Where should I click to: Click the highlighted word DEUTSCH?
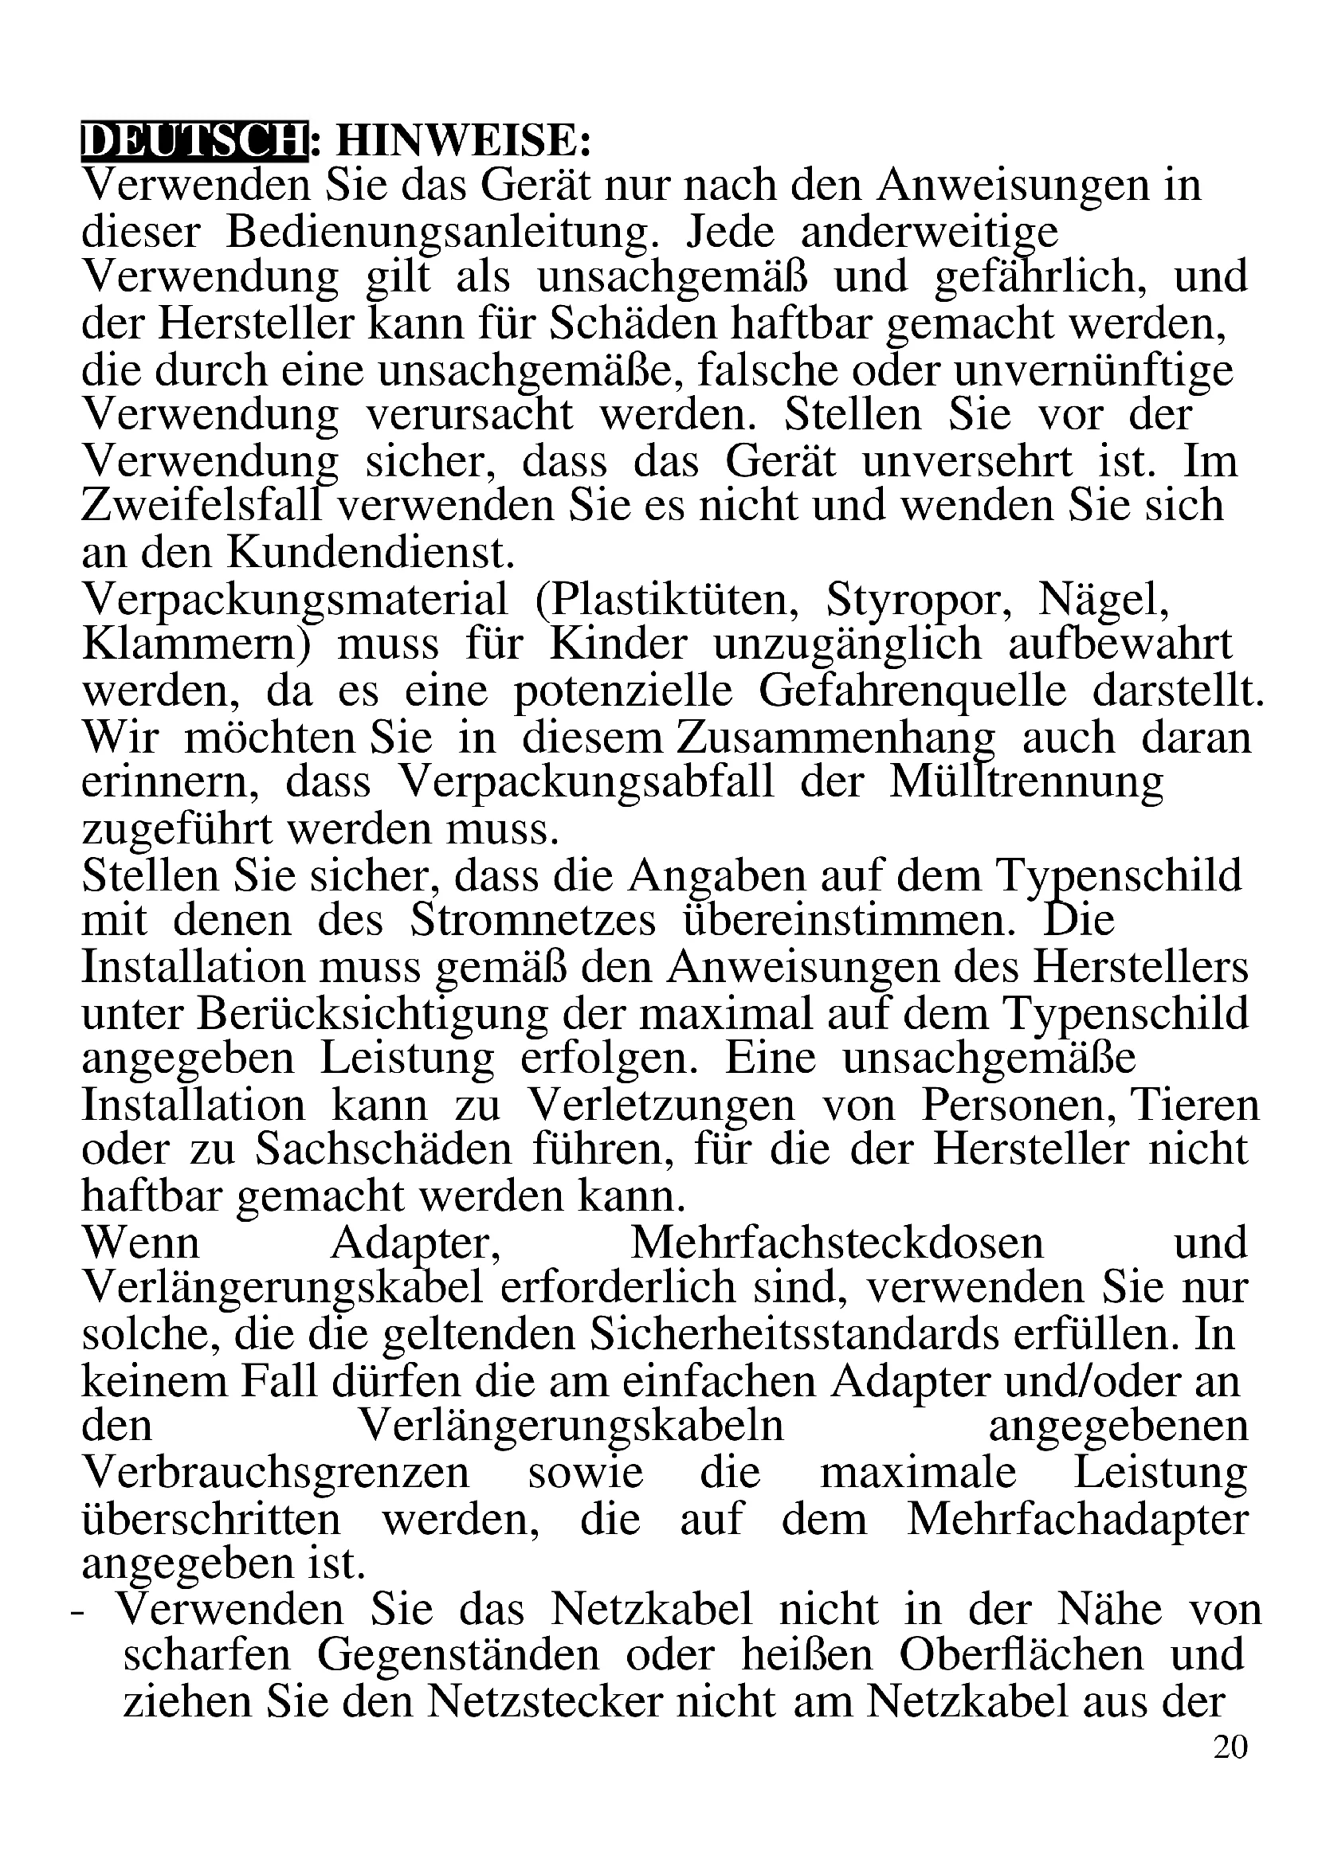[x=194, y=141]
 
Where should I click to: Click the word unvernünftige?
[x=1093, y=371]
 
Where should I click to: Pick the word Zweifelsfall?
[x=208, y=506]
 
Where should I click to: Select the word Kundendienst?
[x=371, y=553]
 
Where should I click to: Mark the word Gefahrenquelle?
[x=912, y=692]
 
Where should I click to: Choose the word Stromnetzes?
[x=532, y=921]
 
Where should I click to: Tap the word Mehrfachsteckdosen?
[x=837, y=1244]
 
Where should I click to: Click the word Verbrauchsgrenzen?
[x=275, y=1474]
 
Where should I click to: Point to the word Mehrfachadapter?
[x=1077, y=1520]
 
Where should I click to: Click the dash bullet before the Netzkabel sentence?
[x=78, y=1612]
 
